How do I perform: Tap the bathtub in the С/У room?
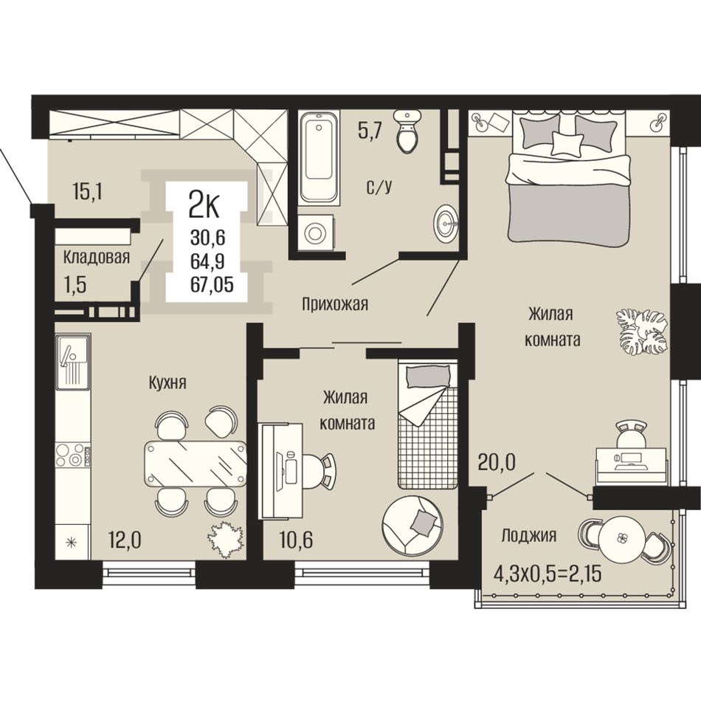318,157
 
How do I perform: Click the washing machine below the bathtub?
316,233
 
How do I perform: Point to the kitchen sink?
73,362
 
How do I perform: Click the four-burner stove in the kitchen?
73,454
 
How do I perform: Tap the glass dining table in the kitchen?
195,464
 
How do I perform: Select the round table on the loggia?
622,540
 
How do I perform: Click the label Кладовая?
96,258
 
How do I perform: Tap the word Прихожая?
335,304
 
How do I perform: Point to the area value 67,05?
213,284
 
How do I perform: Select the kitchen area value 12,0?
125,540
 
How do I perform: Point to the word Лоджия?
528,535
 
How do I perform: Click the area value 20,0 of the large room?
497,462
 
